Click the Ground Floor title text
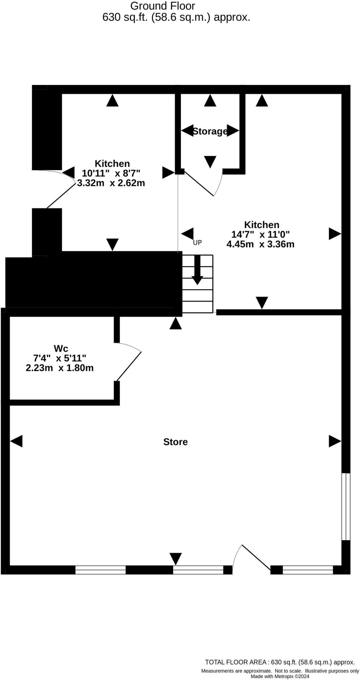(x=163, y=6)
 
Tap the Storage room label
(x=210, y=131)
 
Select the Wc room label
(x=61, y=349)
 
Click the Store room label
(x=175, y=442)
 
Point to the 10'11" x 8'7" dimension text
(x=111, y=173)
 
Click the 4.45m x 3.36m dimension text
(x=260, y=244)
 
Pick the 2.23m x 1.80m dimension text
(x=60, y=368)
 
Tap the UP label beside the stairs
(x=197, y=243)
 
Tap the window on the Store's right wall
(x=346, y=507)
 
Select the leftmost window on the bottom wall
(x=101, y=570)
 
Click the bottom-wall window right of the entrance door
(x=308, y=570)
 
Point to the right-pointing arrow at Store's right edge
(x=334, y=441)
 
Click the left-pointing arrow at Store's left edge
(x=17, y=441)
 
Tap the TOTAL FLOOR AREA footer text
(x=280, y=662)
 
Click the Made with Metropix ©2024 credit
(x=280, y=676)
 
